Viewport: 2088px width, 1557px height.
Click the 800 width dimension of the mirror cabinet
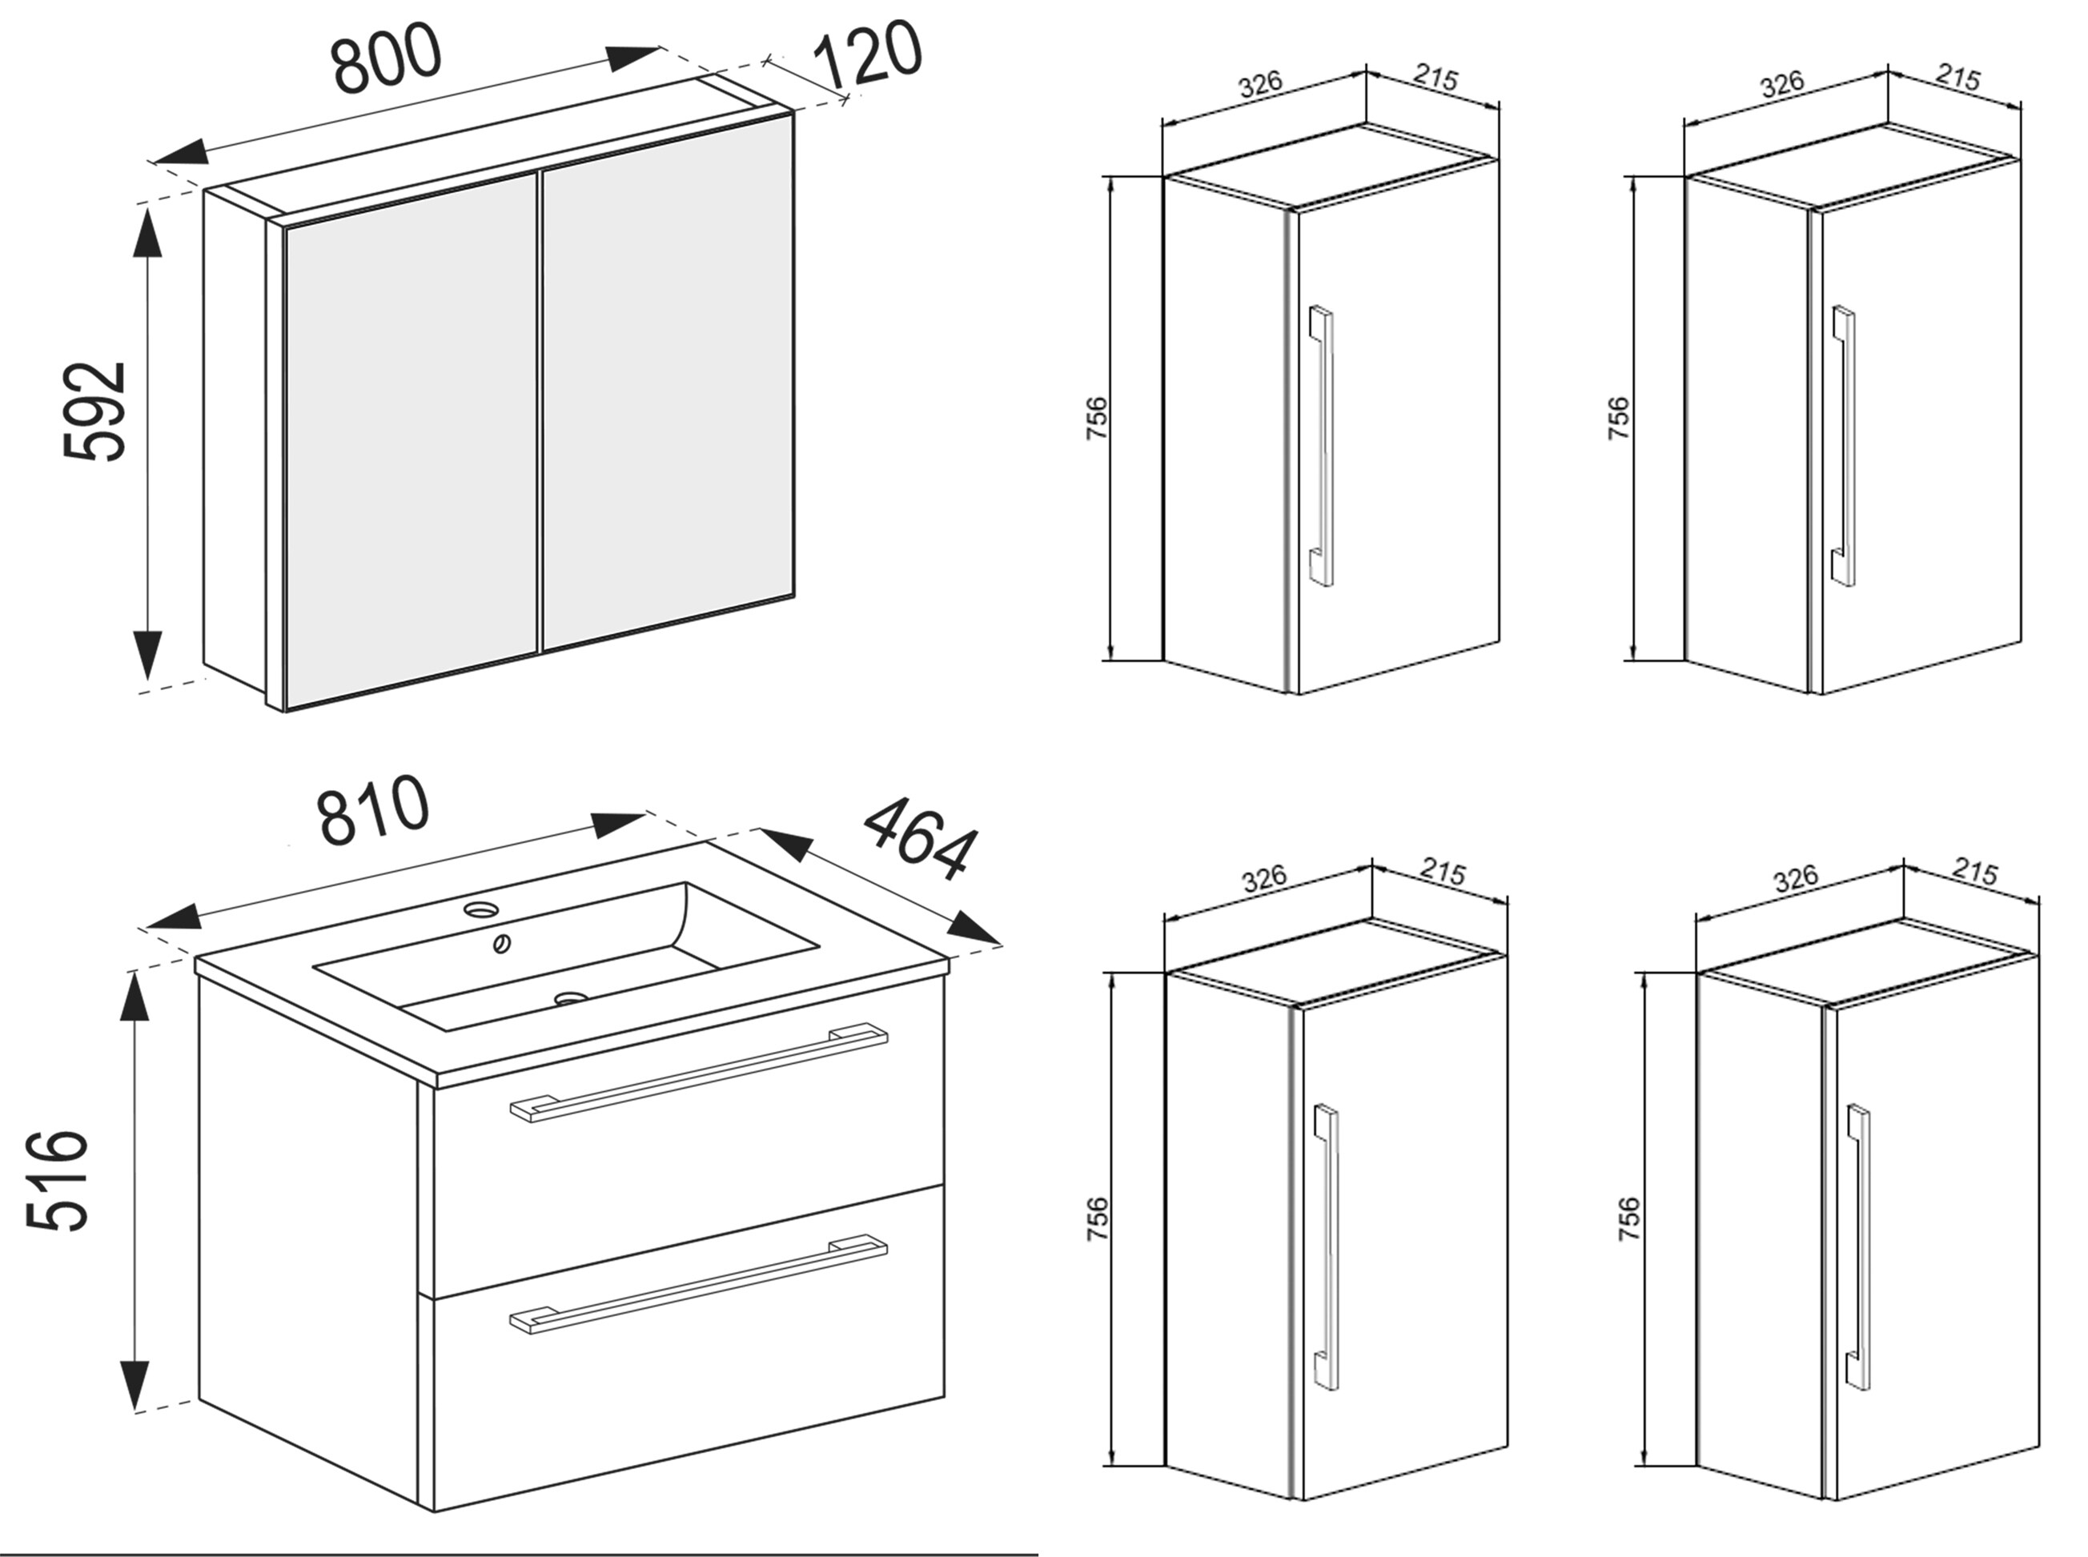pyautogui.click(x=387, y=58)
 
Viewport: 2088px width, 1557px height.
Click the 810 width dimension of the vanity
pyautogui.click(x=374, y=811)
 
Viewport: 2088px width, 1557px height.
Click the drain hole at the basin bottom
pyautogui.click(x=570, y=997)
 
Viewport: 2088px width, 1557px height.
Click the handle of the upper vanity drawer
pyautogui.click(x=697, y=1072)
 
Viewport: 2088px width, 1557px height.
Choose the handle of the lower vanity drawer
pyautogui.click(x=697, y=1284)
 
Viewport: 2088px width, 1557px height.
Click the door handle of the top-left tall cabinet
pyautogui.click(x=1322, y=446)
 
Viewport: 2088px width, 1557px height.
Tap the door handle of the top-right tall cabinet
pyautogui.click(x=1844, y=446)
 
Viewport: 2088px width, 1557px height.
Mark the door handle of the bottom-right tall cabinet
pyautogui.click(x=1858, y=1245)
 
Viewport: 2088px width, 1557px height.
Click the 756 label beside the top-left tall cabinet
pyautogui.click(x=1096, y=419)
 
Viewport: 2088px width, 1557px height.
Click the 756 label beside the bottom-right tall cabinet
pyautogui.click(x=1628, y=1218)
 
